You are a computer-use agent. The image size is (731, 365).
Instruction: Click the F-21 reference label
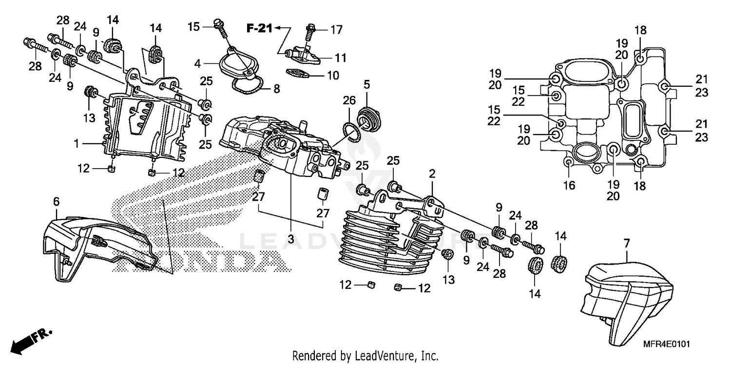click(x=258, y=29)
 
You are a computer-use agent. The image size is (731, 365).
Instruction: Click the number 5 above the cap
click(x=366, y=84)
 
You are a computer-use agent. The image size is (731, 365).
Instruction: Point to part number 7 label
click(x=627, y=242)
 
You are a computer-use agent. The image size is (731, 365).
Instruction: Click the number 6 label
click(x=56, y=201)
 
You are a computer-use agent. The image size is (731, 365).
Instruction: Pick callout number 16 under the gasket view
click(x=569, y=185)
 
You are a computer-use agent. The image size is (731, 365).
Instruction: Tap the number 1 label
click(x=77, y=144)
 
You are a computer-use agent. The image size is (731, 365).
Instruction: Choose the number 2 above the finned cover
click(x=431, y=173)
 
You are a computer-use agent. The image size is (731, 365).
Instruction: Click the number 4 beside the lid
click(x=197, y=63)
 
